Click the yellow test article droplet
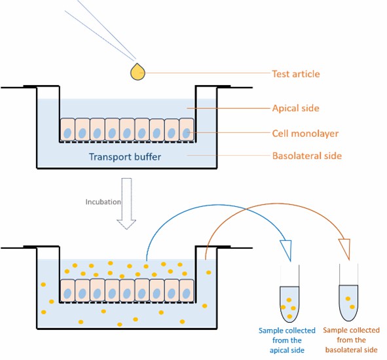click(x=138, y=72)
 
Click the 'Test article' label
click(x=296, y=74)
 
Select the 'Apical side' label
click(x=296, y=108)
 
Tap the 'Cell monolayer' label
click(x=305, y=134)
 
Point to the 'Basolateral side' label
click(x=307, y=156)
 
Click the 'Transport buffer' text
click(x=125, y=156)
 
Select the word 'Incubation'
click(x=103, y=202)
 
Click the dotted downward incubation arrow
click(x=126, y=204)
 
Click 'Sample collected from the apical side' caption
click(x=287, y=340)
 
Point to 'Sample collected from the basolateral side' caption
click(x=351, y=340)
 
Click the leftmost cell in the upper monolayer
click(x=67, y=130)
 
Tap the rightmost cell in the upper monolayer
click(x=187, y=130)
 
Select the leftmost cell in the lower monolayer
click(x=67, y=291)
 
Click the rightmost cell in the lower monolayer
click(x=187, y=291)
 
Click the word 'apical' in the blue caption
click(x=280, y=350)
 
